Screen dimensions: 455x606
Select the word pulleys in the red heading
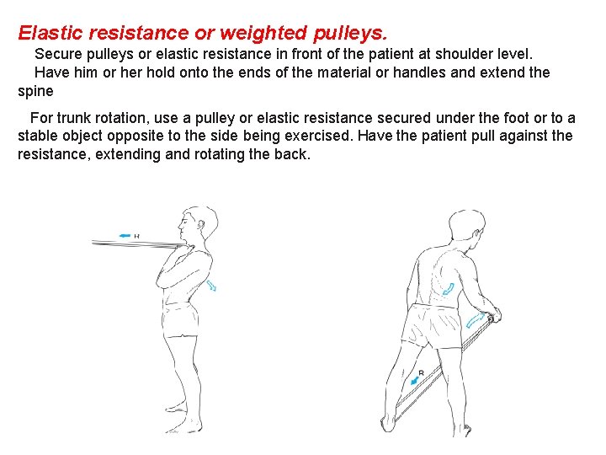pos(350,34)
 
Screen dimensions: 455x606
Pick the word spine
pos(35,91)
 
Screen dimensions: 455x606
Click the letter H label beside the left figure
pos(136,236)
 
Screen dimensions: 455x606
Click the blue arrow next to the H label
pos(125,236)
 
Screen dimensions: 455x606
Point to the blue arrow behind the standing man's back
pos(211,286)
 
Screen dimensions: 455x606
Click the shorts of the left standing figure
pos(183,320)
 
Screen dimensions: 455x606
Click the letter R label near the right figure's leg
pos(421,372)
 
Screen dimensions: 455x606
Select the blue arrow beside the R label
pos(414,382)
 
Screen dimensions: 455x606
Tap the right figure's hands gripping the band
pos(494,315)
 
